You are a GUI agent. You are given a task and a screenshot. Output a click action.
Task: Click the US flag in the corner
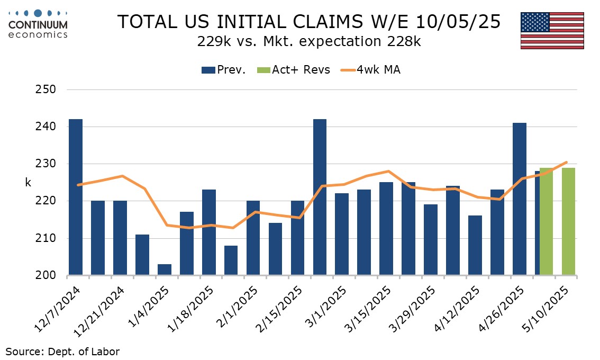click(552, 30)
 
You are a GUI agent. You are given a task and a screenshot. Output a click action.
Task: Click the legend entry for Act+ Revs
click(293, 70)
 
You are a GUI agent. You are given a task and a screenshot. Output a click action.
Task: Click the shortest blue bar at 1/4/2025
click(165, 269)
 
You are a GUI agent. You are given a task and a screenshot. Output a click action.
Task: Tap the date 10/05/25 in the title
click(458, 22)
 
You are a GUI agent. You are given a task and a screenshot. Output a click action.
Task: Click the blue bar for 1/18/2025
click(209, 232)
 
